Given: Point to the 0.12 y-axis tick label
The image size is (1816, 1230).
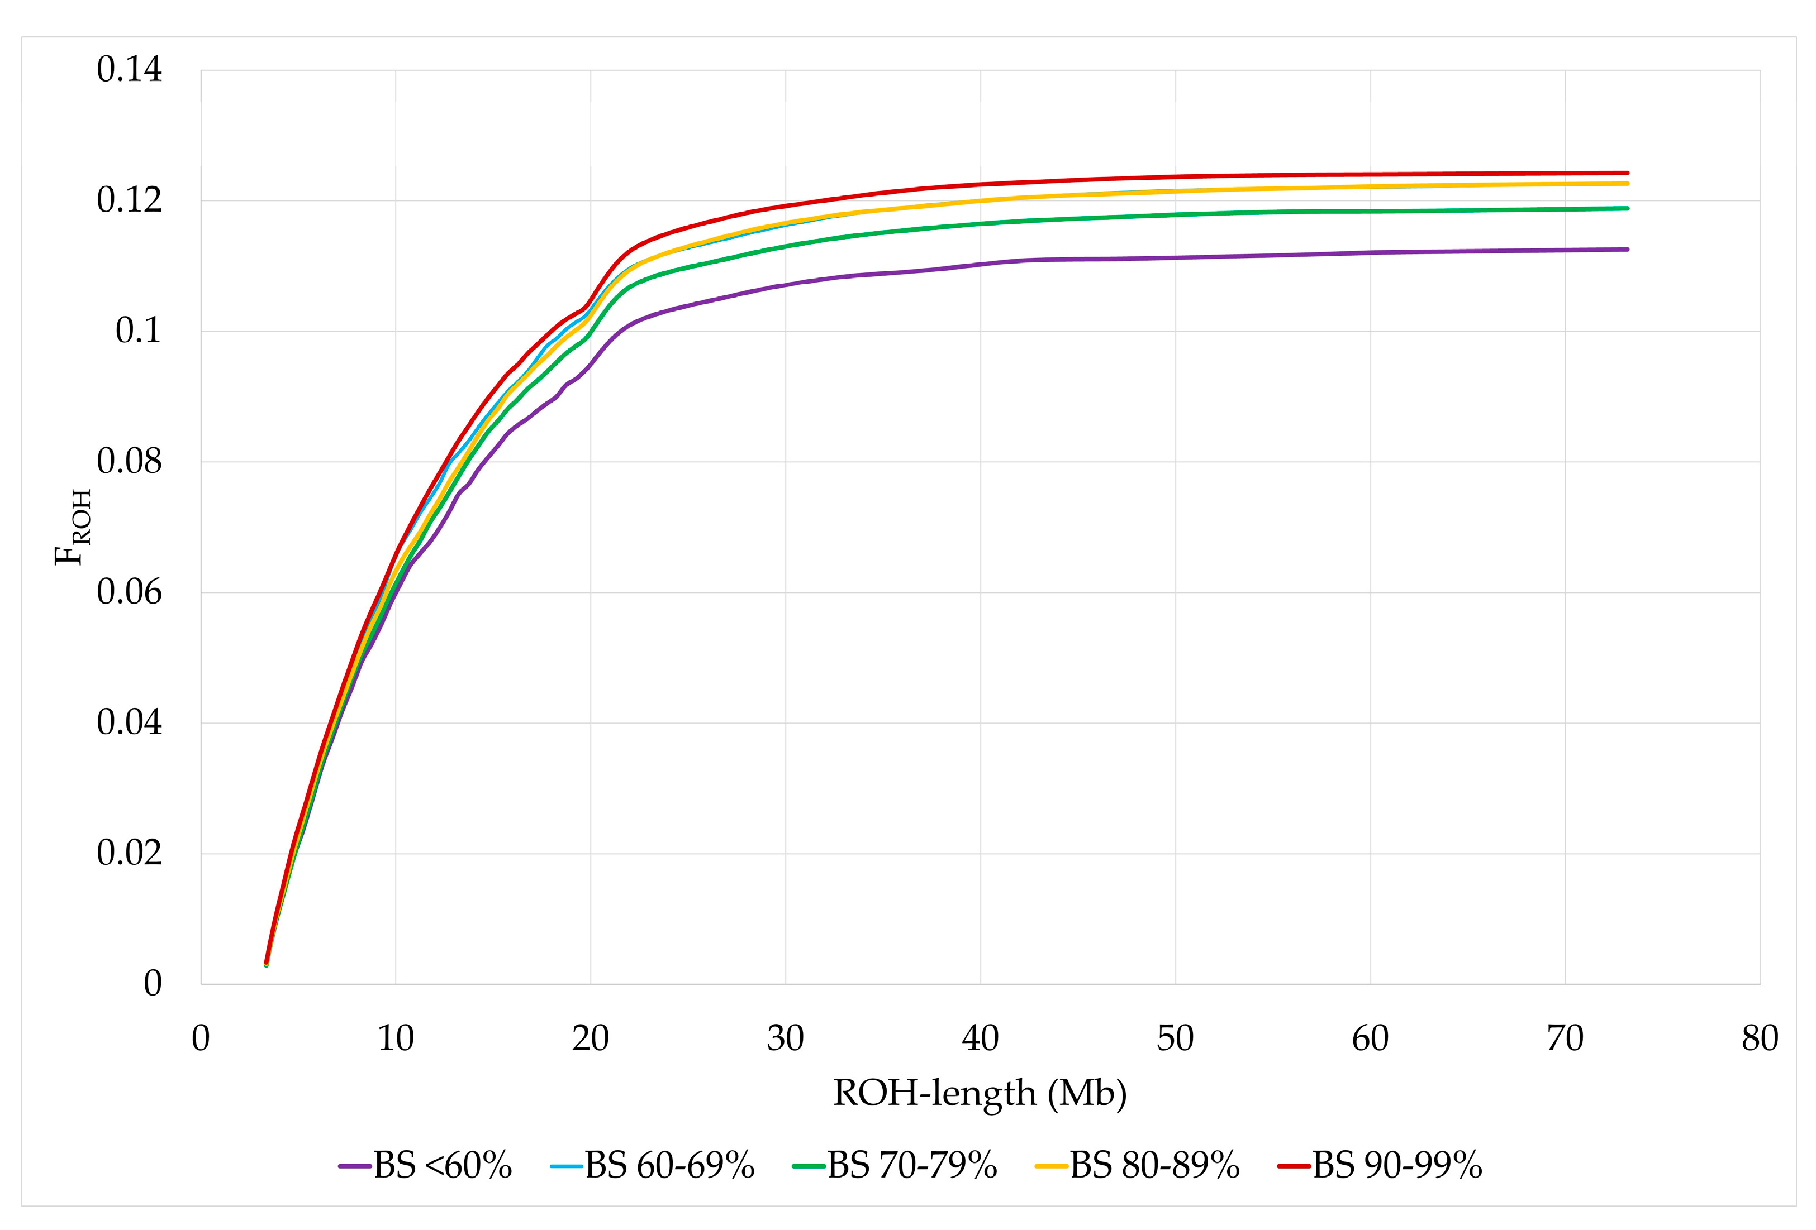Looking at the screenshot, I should click(x=129, y=200).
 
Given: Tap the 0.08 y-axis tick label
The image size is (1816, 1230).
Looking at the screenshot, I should click(x=129, y=462).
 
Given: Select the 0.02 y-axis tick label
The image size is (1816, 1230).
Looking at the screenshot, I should click(x=129, y=853).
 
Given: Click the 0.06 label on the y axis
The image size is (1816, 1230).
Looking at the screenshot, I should click(x=129, y=592).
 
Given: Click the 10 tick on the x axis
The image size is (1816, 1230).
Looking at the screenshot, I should click(x=396, y=1038).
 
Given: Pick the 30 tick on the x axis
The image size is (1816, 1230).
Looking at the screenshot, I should click(x=785, y=1038).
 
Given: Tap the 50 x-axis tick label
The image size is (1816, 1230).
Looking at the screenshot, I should click(x=1175, y=1038).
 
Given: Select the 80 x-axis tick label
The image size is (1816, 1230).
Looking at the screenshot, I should click(x=1760, y=1038).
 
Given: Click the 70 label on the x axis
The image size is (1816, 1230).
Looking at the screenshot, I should click(x=1565, y=1038).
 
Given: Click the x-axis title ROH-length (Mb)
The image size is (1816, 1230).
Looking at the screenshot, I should click(x=980, y=1093).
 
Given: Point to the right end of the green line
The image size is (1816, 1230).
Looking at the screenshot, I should click(x=1628, y=208).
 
